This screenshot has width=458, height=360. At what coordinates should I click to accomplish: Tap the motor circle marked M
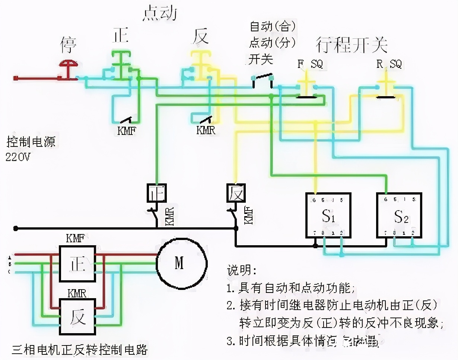pyautogui.click(x=181, y=263)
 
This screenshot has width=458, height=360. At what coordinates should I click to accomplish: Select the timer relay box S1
pyautogui.click(x=328, y=215)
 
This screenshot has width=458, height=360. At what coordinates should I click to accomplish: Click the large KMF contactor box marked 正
pyautogui.click(x=78, y=263)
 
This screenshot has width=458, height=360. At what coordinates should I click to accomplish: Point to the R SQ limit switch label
pyautogui.click(x=389, y=64)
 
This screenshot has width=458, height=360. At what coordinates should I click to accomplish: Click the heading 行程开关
pyautogui.click(x=352, y=45)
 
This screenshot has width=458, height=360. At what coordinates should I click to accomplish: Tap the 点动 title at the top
pyautogui.click(x=159, y=13)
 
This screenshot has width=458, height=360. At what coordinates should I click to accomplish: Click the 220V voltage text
pyautogui.click(x=18, y=157)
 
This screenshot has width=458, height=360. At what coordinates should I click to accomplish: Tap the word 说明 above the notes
pyautogui.click(x=242, y=270)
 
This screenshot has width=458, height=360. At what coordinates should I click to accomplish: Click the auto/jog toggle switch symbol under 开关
pyautogui.click(x=263, y=79)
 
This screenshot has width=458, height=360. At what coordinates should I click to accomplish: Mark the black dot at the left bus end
pyautogui.click(x=15, y=228)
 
